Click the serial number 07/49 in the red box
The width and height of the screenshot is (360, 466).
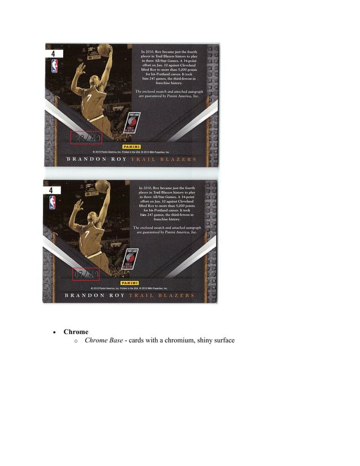pos(85,275)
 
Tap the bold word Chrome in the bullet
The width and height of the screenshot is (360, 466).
pos(76,332)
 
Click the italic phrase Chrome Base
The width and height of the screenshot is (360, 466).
pos(104,341)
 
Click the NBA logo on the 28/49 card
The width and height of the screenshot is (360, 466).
pos(54,67)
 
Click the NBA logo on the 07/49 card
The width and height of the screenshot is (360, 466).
pos(52,203)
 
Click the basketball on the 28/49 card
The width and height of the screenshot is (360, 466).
pos(104,50)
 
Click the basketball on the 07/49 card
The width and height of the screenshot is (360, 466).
pos(102,186)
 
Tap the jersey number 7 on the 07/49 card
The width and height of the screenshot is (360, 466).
pos(87,233)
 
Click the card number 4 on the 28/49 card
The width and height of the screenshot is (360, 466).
pos(52,54)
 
